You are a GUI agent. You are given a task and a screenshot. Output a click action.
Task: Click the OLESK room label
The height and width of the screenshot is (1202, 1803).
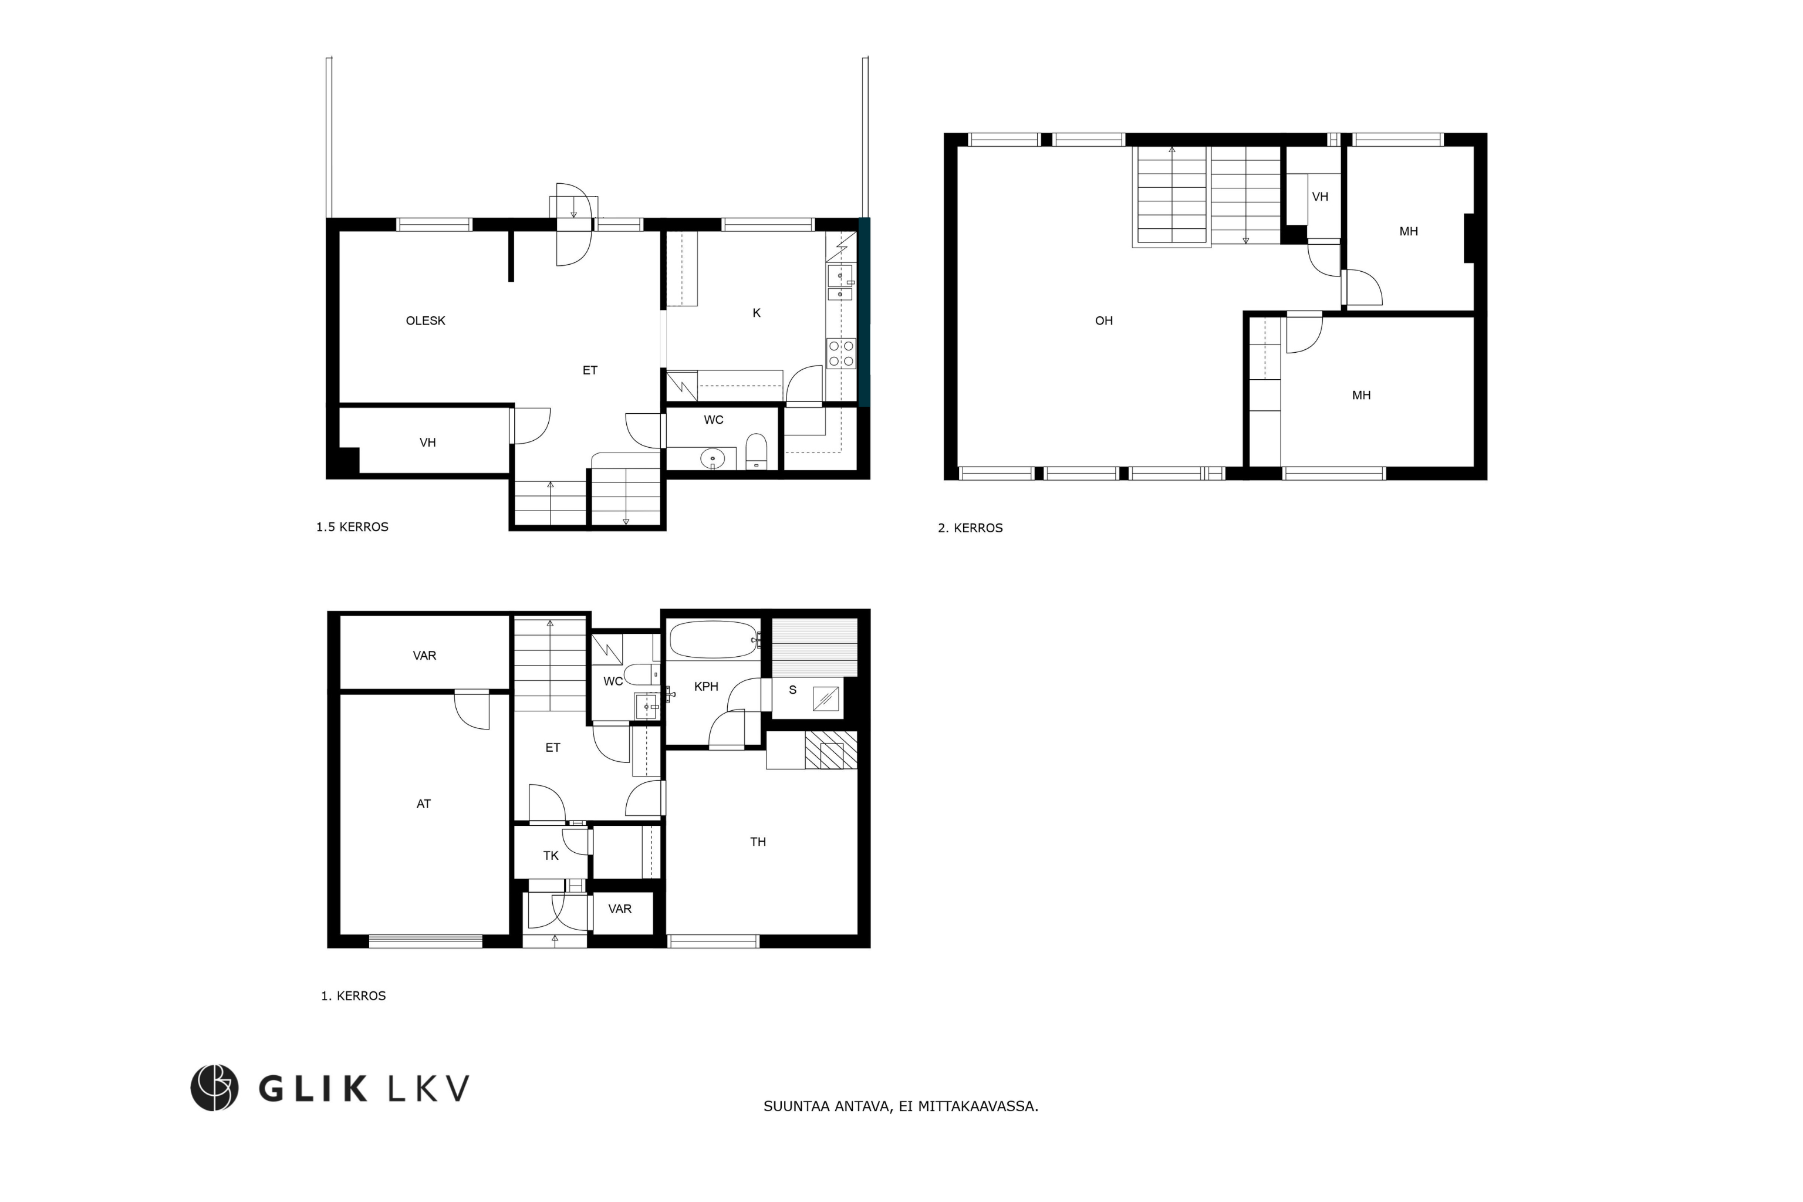426,321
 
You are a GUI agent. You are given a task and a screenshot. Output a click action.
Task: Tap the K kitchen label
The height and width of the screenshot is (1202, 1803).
757,313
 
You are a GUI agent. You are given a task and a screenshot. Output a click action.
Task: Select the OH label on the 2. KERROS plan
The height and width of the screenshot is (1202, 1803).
1104,321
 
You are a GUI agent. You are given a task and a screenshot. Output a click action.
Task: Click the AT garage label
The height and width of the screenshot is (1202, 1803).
424,804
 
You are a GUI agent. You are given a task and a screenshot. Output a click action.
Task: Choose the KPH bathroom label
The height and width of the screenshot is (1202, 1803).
706,687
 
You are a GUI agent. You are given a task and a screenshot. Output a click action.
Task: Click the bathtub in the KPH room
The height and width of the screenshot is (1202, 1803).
714,639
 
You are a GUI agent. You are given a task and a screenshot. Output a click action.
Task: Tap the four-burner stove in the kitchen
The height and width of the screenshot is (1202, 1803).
841,353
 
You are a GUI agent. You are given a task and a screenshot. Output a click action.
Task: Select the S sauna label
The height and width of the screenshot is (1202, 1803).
793,690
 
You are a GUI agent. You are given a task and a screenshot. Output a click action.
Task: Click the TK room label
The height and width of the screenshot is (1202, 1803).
551,856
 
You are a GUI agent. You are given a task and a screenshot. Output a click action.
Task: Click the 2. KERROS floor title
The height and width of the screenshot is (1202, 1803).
971,528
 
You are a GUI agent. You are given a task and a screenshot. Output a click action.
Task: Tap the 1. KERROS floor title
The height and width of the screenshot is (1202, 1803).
353,996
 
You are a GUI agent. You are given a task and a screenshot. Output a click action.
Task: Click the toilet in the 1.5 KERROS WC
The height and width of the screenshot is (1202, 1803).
757,451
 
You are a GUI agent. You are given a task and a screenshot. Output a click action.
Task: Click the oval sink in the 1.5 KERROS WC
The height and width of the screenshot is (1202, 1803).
712,459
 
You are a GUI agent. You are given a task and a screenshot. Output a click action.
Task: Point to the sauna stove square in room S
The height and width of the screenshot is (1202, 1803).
826,700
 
